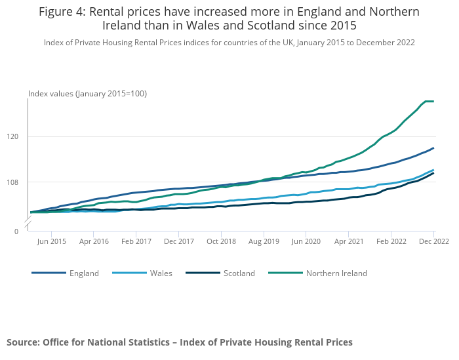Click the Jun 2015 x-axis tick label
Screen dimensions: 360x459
[x=51, y=241]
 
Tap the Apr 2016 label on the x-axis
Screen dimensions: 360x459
[x=94, y=241]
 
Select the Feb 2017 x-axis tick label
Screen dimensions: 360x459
[x=136, y=241]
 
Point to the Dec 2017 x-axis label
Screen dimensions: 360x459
[x=179, y=241]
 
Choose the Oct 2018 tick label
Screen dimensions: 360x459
[x=221, y=241]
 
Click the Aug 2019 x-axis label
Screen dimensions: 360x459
[x=264, y=241]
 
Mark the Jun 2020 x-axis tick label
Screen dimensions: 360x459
[x=306, y=241]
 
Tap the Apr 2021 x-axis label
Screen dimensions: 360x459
[x=349, y=241]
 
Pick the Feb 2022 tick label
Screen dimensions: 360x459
[x=391, y=241]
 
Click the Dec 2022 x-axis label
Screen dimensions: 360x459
[x=433, y=241]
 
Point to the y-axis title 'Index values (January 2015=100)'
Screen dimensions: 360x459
[x=87, y=94]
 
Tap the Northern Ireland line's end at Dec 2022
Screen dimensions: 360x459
[x=433, y=101]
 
